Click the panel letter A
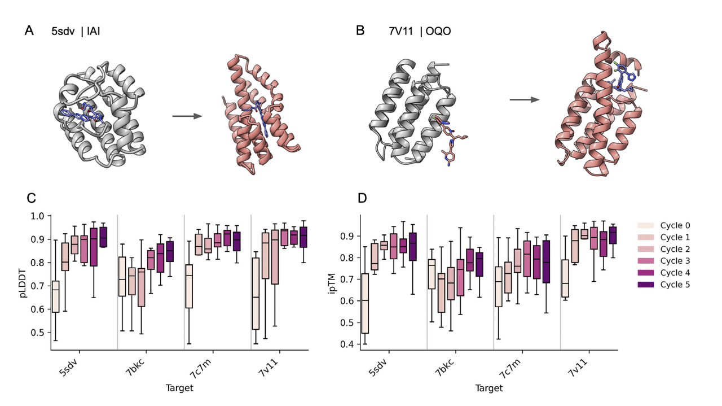click(x=29, y=30)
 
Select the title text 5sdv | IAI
click(x=76, y=32)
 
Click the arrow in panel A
click(x=187, y=116)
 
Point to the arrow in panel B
click(x=524, y=100)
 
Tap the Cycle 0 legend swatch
click(x=646, y=225)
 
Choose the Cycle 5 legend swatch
click(x=646, y=284)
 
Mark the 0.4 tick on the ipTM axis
click(x=348, y=344)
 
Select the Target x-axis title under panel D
click(x=488, y=388)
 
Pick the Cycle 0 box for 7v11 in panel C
click(x=256, y=294)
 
